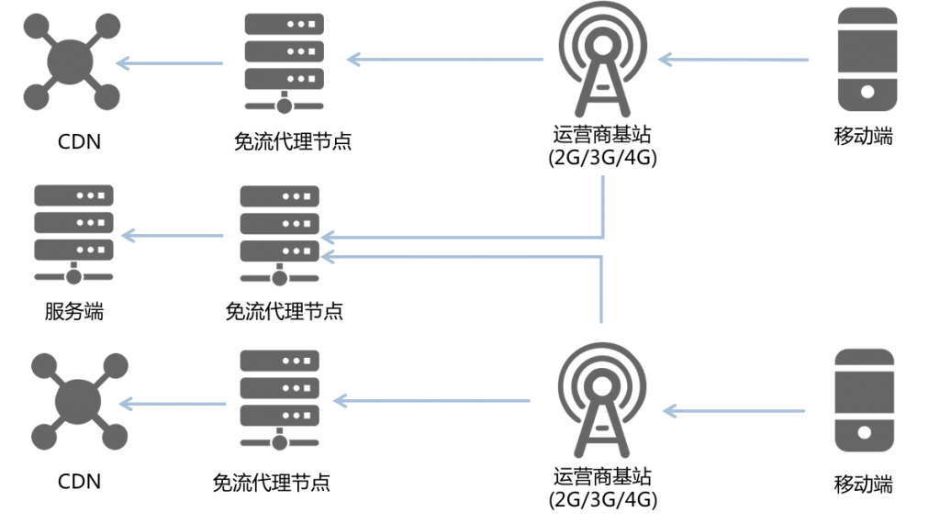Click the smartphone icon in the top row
(x=867, y=60)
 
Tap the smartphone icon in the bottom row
(x=864, y=400)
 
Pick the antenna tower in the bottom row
(x=602, y=402)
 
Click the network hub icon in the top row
(x=72, y=61)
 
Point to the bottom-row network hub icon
(x=79, y=401)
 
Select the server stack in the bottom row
(x=279, y=398)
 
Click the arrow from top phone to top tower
(x=734, y=61)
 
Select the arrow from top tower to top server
(x=445, y=61)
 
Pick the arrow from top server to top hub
(x=170, y=63)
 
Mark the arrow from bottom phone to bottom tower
(x=734, y=411)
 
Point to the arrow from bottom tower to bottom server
(x=431, y=401)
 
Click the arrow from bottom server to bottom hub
(x=173, y=404)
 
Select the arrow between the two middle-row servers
(x=173, y=236)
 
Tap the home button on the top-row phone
(x=867, y=92)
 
